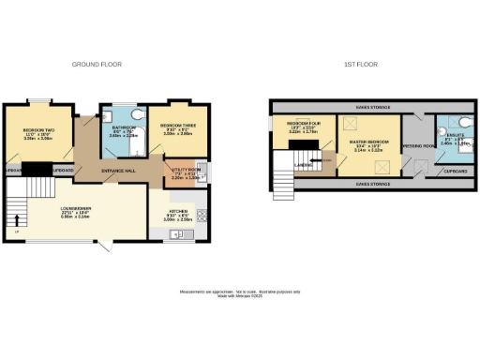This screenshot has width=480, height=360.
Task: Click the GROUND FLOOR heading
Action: click(x=97, y=65)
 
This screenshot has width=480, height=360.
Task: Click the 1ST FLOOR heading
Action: click(x=361, y=65)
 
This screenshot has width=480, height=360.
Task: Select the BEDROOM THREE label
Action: click(x=177, y=125)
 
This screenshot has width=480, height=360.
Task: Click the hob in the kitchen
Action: click(x=201, y=213)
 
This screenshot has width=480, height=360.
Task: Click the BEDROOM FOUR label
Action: click(x=303, y=124)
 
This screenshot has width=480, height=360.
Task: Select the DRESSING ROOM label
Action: click(x=417, y=146)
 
